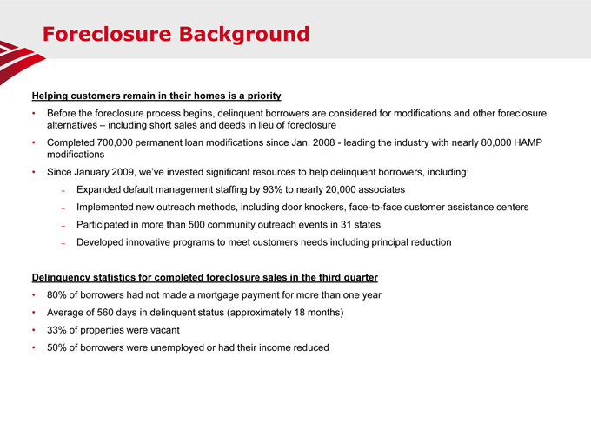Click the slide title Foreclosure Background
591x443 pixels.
point(176,35)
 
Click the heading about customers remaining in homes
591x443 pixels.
point(156,95)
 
